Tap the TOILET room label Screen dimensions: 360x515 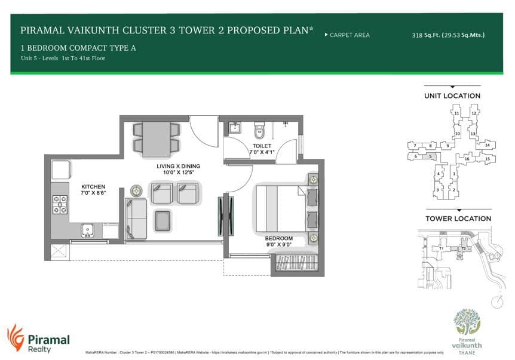[x=262, y=146]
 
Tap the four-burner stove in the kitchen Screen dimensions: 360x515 [x=60, y=204]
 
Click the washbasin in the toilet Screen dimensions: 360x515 [x=235, y=128]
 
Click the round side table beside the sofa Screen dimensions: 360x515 [x=137, y=190]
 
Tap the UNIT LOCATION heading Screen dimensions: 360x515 [x=452, y=96]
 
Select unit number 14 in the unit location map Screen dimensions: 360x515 [x=487, y=145]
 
